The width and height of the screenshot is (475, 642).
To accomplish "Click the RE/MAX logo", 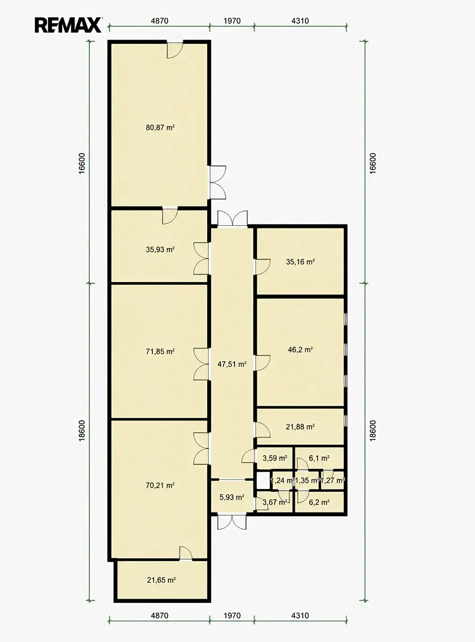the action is click(x=68, y=25).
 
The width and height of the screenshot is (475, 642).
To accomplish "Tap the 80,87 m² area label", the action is click(x=160, y=127).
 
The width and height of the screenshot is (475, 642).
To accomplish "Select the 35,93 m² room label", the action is click(x=160, y=249).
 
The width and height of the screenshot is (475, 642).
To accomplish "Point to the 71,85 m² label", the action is click(x=160, y=351).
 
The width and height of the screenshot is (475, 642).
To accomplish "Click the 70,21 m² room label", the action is click(x=160, y=485).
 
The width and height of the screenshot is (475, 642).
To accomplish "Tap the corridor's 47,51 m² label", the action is click(x=232, y=364).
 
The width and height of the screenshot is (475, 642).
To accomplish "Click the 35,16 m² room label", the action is click(x=300, y=262).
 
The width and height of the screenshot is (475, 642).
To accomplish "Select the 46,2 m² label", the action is click(x=300, y=349).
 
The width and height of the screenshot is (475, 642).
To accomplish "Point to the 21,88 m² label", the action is click(x=300, y=426).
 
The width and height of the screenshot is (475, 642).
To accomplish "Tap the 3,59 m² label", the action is click(x=275, y=458).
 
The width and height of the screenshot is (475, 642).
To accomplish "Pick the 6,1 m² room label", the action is click(x=319, y=458).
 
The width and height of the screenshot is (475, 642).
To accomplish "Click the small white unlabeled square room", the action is click(x=263, y=480).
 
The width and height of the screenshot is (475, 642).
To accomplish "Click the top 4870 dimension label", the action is click(x=159, y=21).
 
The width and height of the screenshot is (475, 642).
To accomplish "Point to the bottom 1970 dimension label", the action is click(x=232, y=621).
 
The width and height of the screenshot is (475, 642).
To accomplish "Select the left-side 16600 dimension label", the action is click(x=82, y=163).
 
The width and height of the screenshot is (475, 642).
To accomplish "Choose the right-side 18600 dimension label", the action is click(x=372, y=431).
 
